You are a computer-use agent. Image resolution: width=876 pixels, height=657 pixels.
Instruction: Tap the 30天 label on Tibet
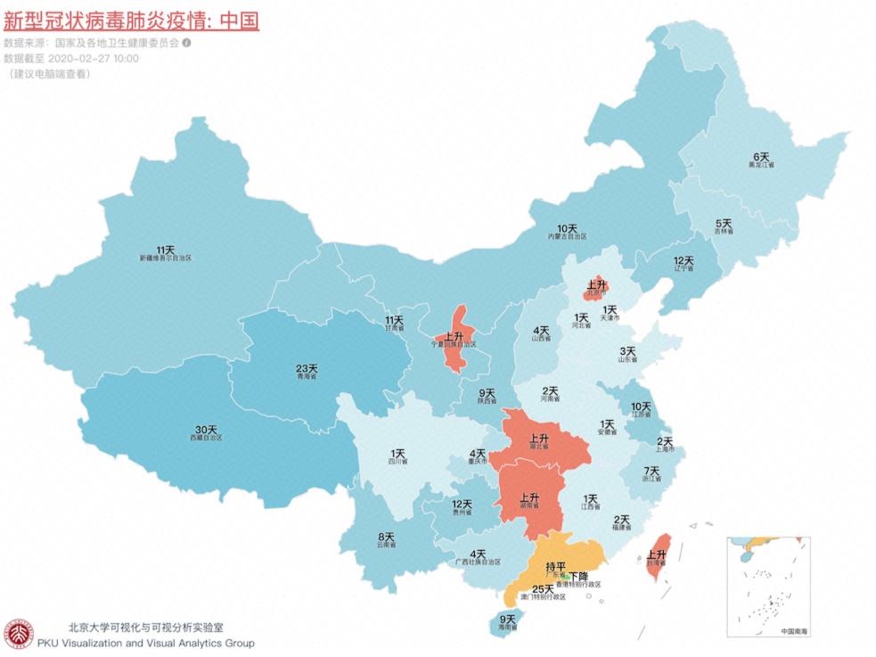(x=203, y=431)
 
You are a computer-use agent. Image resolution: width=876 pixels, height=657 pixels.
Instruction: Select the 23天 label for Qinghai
(x=307, y=368)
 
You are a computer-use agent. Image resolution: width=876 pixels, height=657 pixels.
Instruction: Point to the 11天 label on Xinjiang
(x=165, y=250)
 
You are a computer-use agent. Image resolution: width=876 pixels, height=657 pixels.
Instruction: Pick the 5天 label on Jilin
(x=724, y=223)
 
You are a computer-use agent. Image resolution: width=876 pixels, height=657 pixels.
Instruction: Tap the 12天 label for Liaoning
(x=684, y=260)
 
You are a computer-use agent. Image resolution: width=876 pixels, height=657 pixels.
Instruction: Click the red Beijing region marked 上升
(x=594, y=287)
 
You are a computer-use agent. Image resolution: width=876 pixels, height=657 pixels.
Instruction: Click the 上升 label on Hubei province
(x=538, y=439)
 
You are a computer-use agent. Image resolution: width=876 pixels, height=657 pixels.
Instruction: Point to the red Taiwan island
(x=658, y=557)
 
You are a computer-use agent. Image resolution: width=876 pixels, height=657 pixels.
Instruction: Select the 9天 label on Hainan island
(x=507, y=620)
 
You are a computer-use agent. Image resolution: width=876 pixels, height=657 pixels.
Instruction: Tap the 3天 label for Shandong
(x=628, y=352)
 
